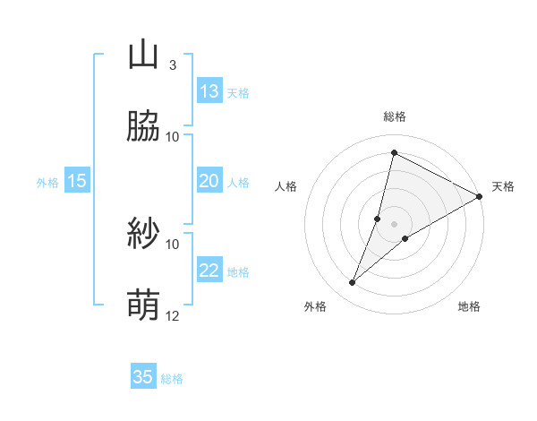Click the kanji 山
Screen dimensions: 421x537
click(x=143, y=56)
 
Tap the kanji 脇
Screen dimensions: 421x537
click(x=143, y=127)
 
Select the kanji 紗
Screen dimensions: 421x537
click(x=143, y=235)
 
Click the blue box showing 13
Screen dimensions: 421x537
click(x=209, y=91)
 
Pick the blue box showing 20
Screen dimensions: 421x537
click(x=209, y=181)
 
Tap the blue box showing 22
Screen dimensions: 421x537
click(x=209, y=271)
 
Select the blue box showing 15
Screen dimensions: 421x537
click(x=77, y=181)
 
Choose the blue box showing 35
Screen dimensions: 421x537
click(x=143, y=377)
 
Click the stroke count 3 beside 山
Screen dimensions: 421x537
click(x=173, y=65)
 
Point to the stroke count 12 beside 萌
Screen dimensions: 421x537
click(x=173, y=316)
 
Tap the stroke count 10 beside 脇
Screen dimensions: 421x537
click(x=173, y=137)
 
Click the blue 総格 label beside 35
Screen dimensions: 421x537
click(x=173, y=379)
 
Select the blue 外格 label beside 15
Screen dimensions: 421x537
click(x=47, y=183)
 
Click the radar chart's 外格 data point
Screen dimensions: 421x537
click(x=353, y=283)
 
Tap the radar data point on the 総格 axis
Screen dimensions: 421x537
click(x=394, y=152)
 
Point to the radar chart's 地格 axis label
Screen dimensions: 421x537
click(x=469, y=307)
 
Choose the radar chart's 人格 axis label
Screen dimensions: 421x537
click(x=286, y=186)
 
